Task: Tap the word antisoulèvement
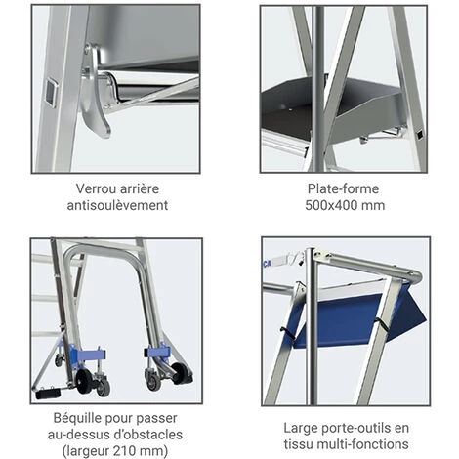tap(117, 205)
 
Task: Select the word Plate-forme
tap(343, 188)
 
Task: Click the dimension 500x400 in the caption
tap(329, 205)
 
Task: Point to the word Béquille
tap(75, 418)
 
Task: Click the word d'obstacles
tap(148, 435)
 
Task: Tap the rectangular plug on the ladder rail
tap(51, 92)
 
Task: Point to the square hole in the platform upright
tap(420, 135)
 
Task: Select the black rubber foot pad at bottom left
tap(48, 394)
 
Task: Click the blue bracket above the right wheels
tap(157, 352)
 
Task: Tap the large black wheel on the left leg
tap(84, 381)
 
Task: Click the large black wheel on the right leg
tap(180, 373)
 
